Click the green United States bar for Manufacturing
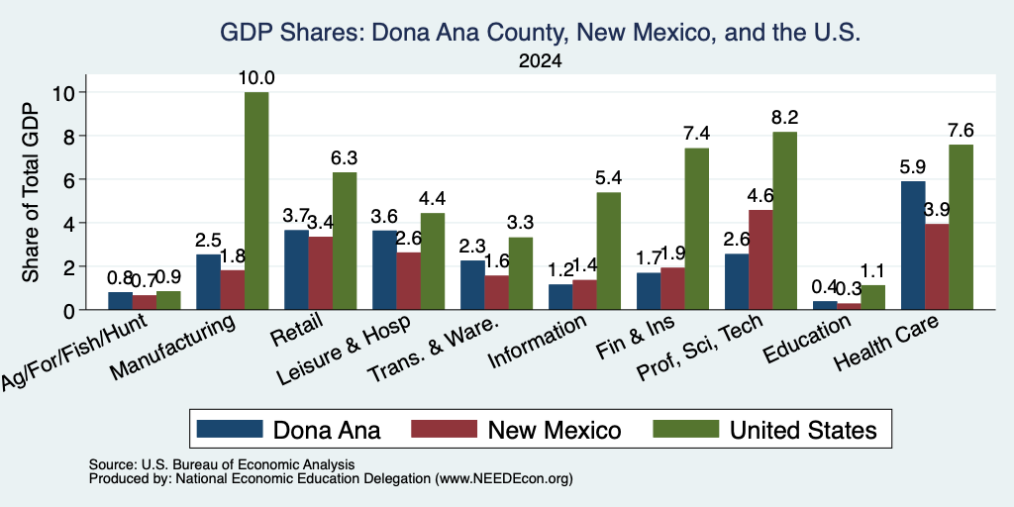coord(256,201)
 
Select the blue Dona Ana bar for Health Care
coord(913,246)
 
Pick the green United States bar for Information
coord(609,251)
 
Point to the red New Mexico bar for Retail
coord(321,273)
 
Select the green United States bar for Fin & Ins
coord(696,229)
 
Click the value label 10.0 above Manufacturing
coord(256,79)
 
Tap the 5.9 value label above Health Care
coord(912,167)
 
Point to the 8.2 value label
coord(784,118)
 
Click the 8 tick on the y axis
coord(71,136)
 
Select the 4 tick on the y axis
coord(71,223)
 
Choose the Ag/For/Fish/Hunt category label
coord(74,352)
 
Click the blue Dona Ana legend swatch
coord(230,429)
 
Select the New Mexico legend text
coord(555,430)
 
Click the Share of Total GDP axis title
coord(31,192)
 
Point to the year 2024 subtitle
coord(540,61)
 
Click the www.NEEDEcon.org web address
coord(504,479)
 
